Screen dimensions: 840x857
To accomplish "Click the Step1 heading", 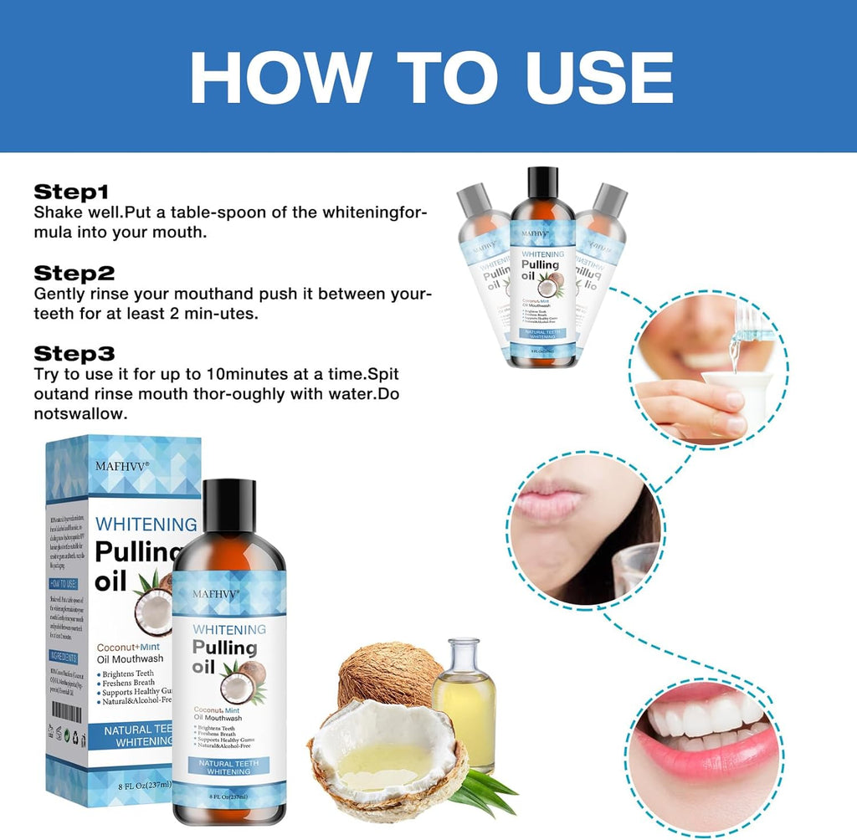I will [71, 192].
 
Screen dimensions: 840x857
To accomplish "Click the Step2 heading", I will [74, 273].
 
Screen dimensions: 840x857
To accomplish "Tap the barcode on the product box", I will [67, 712].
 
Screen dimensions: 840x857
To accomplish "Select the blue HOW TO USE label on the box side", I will [64, 583].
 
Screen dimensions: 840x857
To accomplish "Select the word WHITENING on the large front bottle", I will [228, 629].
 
